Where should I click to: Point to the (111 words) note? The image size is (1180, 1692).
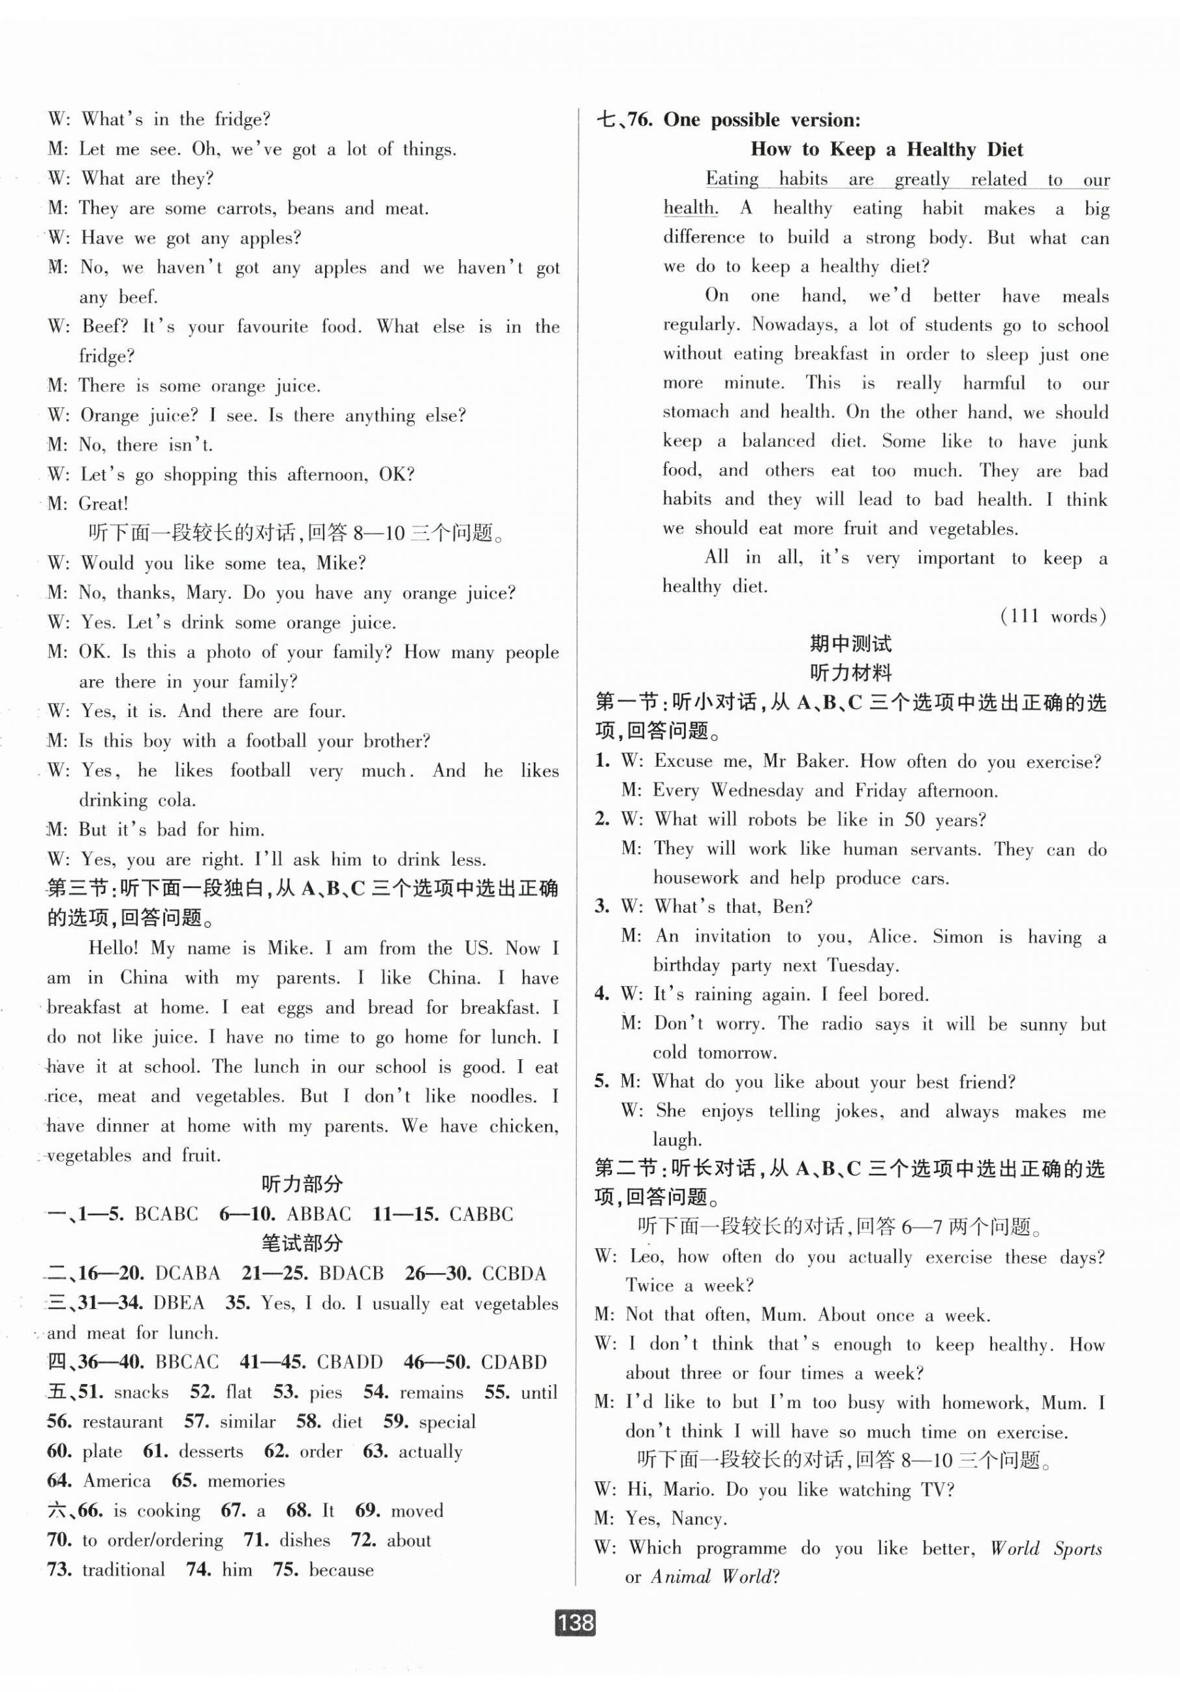click(x=1053, y=616)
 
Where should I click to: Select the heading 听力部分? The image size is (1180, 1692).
click(x=302, y=1185)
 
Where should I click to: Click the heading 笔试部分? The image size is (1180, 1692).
click(x=302, y=1244)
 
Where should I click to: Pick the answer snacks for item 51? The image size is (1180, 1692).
click(x=142, y=1392)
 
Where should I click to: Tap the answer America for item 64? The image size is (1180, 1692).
click(x=117, y=1481)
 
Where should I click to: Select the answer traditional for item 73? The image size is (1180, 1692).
click(x=123, y=1570)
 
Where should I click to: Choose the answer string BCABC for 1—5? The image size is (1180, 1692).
click(x=166, y=1214)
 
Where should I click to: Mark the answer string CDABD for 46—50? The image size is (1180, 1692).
click(x=514, y=1362)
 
